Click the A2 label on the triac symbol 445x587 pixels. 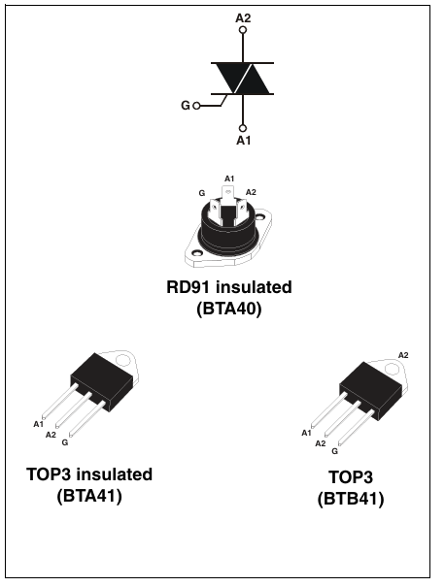pyautogui.click(x=243, y=16)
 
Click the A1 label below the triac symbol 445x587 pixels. pyautogui.click(x=243, y=140)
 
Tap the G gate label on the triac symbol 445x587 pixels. pyautogui.click(x=186, y=105)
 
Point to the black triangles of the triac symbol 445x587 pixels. pyautogui.click(x=242, y=79)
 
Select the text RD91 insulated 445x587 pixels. pyautogui.click(x=228, y=288)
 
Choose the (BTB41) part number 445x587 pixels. pyautogui.click(x=351, y=500)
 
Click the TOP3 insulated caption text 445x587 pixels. pyautogui.click(x=89, y=474)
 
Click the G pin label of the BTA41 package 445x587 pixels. pyautogui.click(x=64, y=442)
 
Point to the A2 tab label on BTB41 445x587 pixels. pyautogui.click(x=403, y=355)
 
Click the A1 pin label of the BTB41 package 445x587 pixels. pyautogui.click(x=306, y=433)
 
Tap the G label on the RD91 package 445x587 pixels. pyautogui.click(x=202, y=193)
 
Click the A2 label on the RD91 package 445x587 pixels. pyautogui.click(x=251, y=192)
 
